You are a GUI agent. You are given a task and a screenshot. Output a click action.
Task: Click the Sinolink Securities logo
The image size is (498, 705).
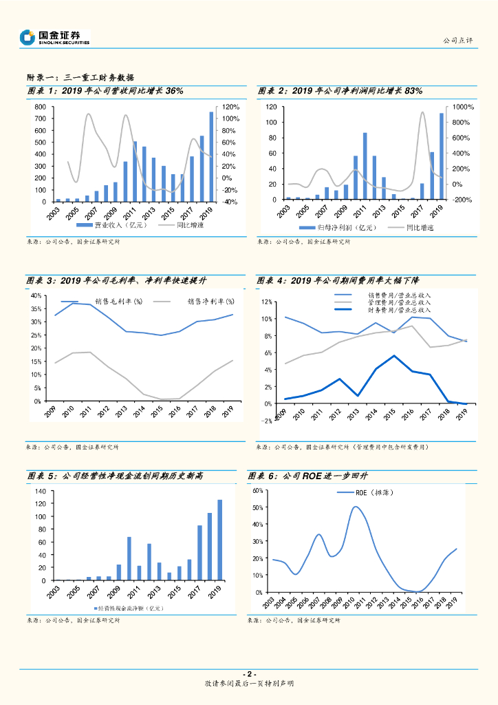click(55, 37)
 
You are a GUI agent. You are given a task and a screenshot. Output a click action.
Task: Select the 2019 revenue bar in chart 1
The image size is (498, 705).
click(211, 156)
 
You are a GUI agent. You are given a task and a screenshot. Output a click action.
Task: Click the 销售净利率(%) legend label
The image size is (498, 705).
click(210, 302)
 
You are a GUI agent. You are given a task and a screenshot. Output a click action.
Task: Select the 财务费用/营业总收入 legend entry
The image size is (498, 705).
click(399, 311)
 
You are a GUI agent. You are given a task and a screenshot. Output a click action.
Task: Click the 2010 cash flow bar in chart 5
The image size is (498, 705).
click(129, 558)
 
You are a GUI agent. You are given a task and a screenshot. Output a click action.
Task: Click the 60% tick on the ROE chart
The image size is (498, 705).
click(258, 490)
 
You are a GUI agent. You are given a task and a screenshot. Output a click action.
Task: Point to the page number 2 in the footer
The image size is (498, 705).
click(250, 673)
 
